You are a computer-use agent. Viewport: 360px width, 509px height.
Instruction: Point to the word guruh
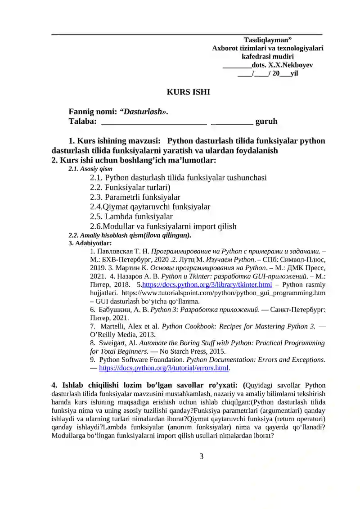[266, 121]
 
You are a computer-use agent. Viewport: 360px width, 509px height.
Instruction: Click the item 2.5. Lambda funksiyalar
[131, 216]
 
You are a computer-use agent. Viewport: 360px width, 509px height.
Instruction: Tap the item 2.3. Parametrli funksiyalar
[135, 197]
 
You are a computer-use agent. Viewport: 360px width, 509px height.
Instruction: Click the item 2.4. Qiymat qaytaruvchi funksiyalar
[150, 207]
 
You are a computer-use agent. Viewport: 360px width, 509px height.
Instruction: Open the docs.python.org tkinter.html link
[207, 284]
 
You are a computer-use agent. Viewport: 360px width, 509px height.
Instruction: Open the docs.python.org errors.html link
[164, 368]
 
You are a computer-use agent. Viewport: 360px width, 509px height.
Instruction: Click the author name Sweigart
[117, 343]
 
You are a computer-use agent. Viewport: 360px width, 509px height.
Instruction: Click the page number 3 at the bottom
[201, 456]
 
